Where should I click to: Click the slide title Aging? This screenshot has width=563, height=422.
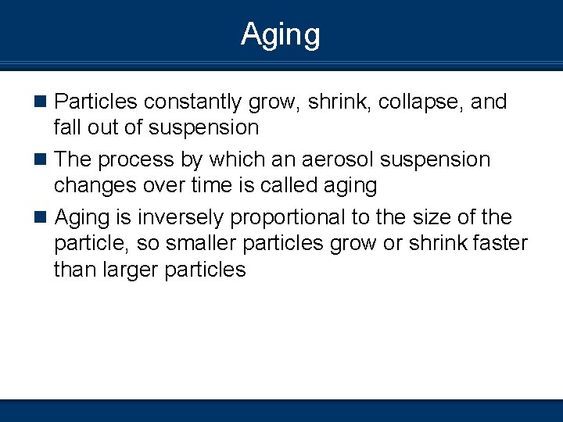point(281,35)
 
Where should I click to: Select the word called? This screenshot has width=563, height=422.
point(287,185)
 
